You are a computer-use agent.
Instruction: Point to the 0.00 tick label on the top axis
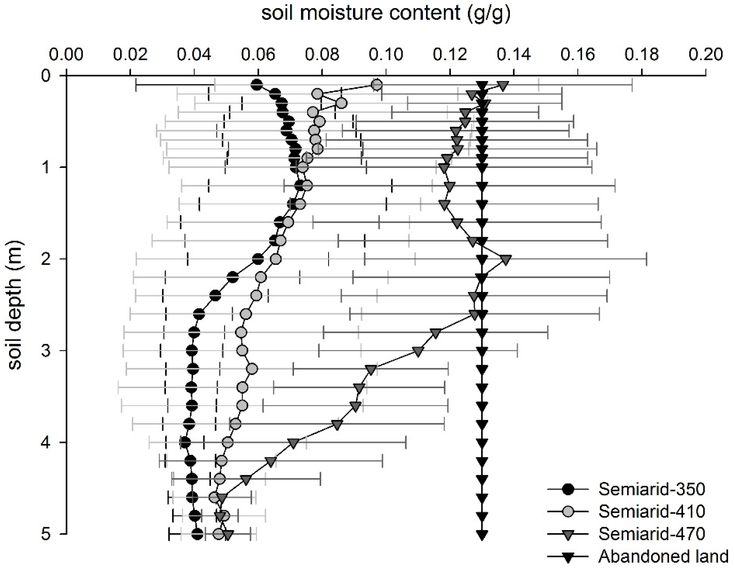(x=66, y=54)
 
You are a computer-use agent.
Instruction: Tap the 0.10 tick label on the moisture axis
(x=386, y=54)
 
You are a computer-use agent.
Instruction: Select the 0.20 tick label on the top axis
(x=706, y=54)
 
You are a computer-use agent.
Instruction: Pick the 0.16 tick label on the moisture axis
(x=578, y=54)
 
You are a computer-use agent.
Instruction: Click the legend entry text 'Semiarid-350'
(x=652, y=489)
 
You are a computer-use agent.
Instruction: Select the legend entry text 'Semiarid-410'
(x=652, y=512)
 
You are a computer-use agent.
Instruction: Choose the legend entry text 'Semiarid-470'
(x=652, y=534)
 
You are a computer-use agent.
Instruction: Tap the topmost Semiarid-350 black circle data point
(x=257, y=85)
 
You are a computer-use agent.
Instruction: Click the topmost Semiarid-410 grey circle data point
(x=377, y=85)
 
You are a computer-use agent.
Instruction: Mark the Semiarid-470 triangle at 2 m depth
(x=506, y=260)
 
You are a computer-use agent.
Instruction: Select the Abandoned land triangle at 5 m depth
(x=482, y=534)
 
